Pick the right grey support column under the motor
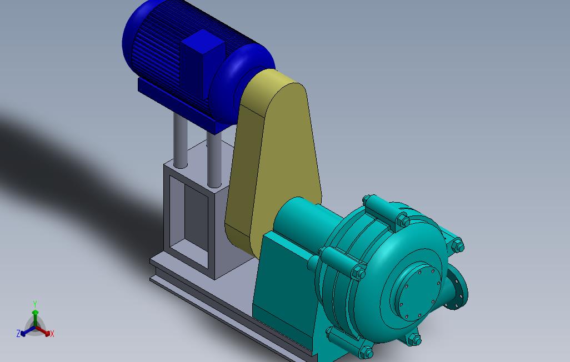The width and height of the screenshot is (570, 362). (x=214, y=158)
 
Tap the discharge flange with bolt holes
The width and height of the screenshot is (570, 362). (x=458, y=289)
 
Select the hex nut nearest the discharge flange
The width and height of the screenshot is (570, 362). (x=457, y=245)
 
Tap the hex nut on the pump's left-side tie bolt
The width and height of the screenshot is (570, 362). (x=358, y=273)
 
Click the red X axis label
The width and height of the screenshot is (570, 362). (x=52, y=334)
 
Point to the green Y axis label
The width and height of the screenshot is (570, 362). (x=35, y=304)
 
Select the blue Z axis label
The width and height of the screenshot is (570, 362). (x=18, y=334)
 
